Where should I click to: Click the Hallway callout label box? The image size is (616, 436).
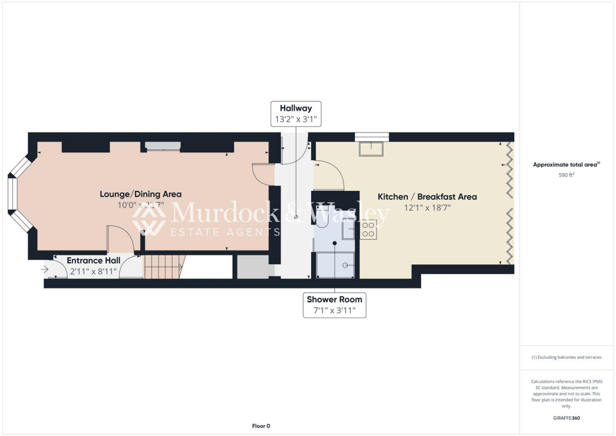pos(296,114)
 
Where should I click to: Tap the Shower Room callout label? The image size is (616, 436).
pos(334,305)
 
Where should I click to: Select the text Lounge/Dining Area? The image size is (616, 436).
pos(140,194)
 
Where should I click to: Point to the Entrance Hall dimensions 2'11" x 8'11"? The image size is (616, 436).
pos(93,271)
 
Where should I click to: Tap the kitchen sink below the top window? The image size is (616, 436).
pos(372,148)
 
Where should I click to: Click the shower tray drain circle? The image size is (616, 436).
pos(345,264)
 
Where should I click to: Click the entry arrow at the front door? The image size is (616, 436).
pos(45,269)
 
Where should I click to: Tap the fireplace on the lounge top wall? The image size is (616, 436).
pos(162,146)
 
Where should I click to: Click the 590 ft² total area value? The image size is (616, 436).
pos(567,175)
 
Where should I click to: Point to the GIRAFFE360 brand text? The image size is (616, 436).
pos(567,418)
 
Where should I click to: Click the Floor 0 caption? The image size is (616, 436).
pos(261,426)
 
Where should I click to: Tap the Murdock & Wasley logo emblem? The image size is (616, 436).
pos(149,219)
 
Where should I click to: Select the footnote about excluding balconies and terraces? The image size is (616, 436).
pos(567,357)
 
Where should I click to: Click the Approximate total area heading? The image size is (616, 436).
pos(565,164)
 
